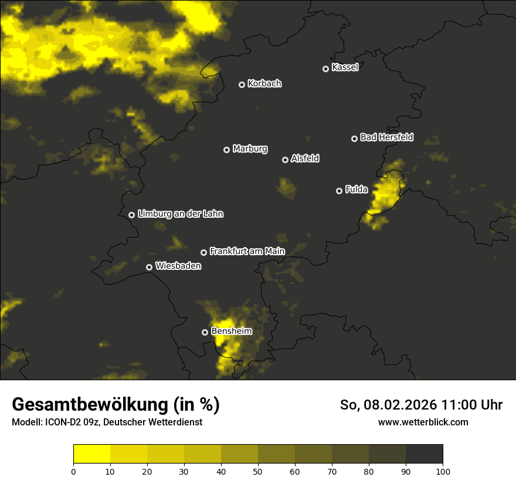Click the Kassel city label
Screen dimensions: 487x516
pyautogui.click(x=345, y=67)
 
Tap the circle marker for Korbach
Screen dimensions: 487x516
pyautogui.click(x=242, y=84)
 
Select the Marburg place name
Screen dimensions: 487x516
pyautogui.click(x=250, y=149)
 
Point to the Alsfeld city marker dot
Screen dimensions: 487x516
pyautogui.click(x=285, y=160)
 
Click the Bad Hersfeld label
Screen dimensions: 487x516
pyautogui.click(x=386, y=137)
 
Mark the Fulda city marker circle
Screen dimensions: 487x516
pyautogui.click(x=339, y=191)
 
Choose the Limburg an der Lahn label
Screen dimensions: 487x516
pyautogui.click(x=180, y=214)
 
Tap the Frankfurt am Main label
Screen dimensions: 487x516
pyautogui.click(x=247, y=252)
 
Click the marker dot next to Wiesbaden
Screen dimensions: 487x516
pyautogui.click(x=149, y=267)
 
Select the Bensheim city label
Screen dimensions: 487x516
pyautogui.click(x=232, y=331)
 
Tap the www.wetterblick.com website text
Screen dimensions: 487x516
pyautogui.click(x=423, y=422)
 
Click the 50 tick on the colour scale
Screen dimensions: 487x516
pyautogui.click(x=258, y=471)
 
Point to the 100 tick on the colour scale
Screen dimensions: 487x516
pyautogui.click(x=443, y=471)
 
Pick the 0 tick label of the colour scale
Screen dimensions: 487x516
pyautogui.click(x=73, y=471)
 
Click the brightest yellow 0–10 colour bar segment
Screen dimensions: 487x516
pyautogui.click(x=92, y=454)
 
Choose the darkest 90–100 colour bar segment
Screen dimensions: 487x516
pyautogui.click(x=424, y=454)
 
